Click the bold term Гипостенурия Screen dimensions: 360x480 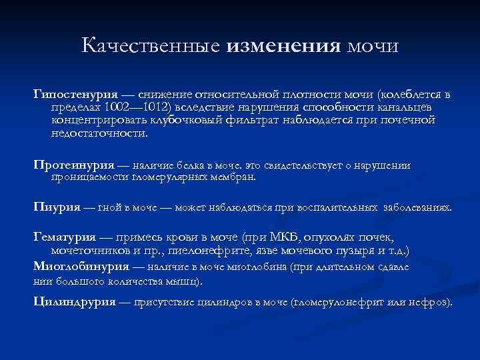(76, 93)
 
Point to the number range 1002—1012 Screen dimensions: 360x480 (139, 107)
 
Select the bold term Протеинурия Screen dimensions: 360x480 (73, 165)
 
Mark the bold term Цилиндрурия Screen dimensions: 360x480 (74, 301)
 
